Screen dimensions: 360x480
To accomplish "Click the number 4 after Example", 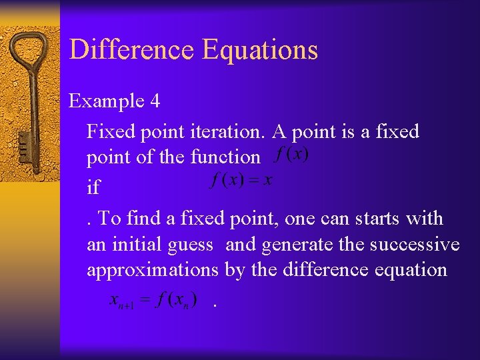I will (155, 101).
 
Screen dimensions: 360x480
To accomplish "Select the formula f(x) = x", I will (241, 181).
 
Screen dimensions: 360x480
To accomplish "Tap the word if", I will (93, 187).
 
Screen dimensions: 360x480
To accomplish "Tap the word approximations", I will (153, 271).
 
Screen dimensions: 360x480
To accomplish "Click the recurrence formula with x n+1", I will (153, 301).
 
